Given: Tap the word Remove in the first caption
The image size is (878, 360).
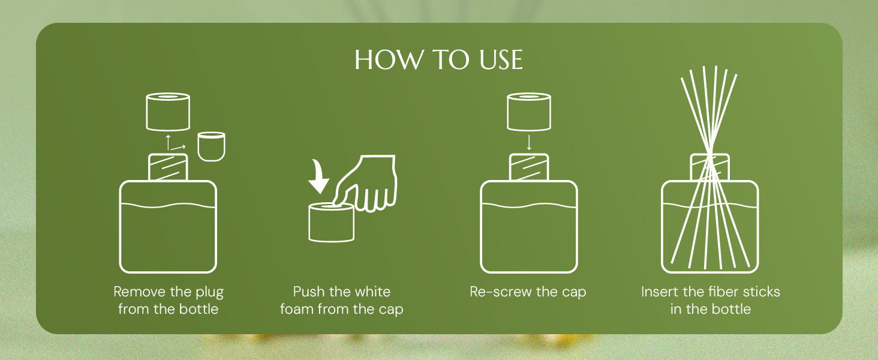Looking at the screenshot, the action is pos(139,292).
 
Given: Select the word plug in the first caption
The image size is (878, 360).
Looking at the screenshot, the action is pos(211,293).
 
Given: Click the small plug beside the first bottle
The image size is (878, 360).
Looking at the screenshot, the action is pos(211,146).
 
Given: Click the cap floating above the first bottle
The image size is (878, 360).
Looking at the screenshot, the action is pos(168,112).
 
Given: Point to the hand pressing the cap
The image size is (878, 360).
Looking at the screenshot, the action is pos(368,183).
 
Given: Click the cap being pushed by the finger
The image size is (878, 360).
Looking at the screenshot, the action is pos(332,222).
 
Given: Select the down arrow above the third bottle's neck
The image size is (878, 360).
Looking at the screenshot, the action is pos(529,143).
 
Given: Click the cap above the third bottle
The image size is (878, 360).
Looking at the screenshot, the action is pos(529,112).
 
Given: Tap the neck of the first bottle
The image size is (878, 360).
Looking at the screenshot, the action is pos(168,167).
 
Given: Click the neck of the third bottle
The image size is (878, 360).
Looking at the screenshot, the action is pos(529,167).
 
